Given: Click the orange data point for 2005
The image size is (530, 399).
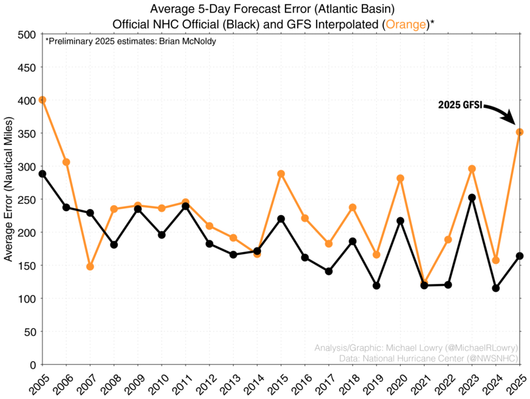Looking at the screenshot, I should (42, 100).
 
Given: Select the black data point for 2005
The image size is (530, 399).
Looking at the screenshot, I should (42, 174).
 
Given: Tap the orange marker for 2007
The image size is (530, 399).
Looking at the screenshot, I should (90, 267).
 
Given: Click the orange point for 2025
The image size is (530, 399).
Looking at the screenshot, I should (520, 132).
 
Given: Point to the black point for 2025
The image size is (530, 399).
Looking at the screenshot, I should (520, 256).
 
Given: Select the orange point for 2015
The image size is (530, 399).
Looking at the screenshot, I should (281, 174).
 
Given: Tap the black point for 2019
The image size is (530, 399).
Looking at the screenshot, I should (376, 286).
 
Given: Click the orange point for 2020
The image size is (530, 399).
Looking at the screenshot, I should (400, 178).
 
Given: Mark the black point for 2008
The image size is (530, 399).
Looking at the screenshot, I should (114, 245).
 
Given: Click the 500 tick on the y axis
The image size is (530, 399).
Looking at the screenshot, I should (27, 34).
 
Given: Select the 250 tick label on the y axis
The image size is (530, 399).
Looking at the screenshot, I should (27, 199).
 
